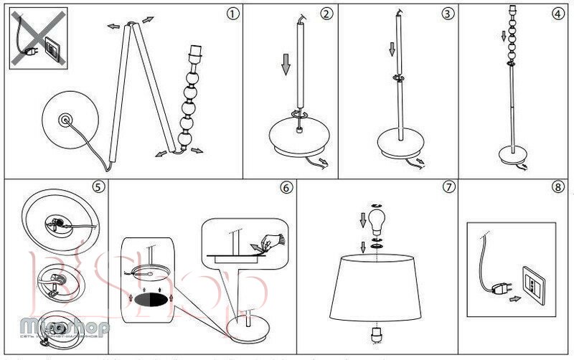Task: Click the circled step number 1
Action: point(230,14)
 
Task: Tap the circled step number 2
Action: point(326,14)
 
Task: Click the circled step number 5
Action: point(98,188)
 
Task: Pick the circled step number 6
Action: point(286,188)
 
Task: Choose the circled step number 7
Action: point(449,188)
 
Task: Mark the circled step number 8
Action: point(558,188)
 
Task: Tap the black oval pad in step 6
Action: point(151,296)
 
